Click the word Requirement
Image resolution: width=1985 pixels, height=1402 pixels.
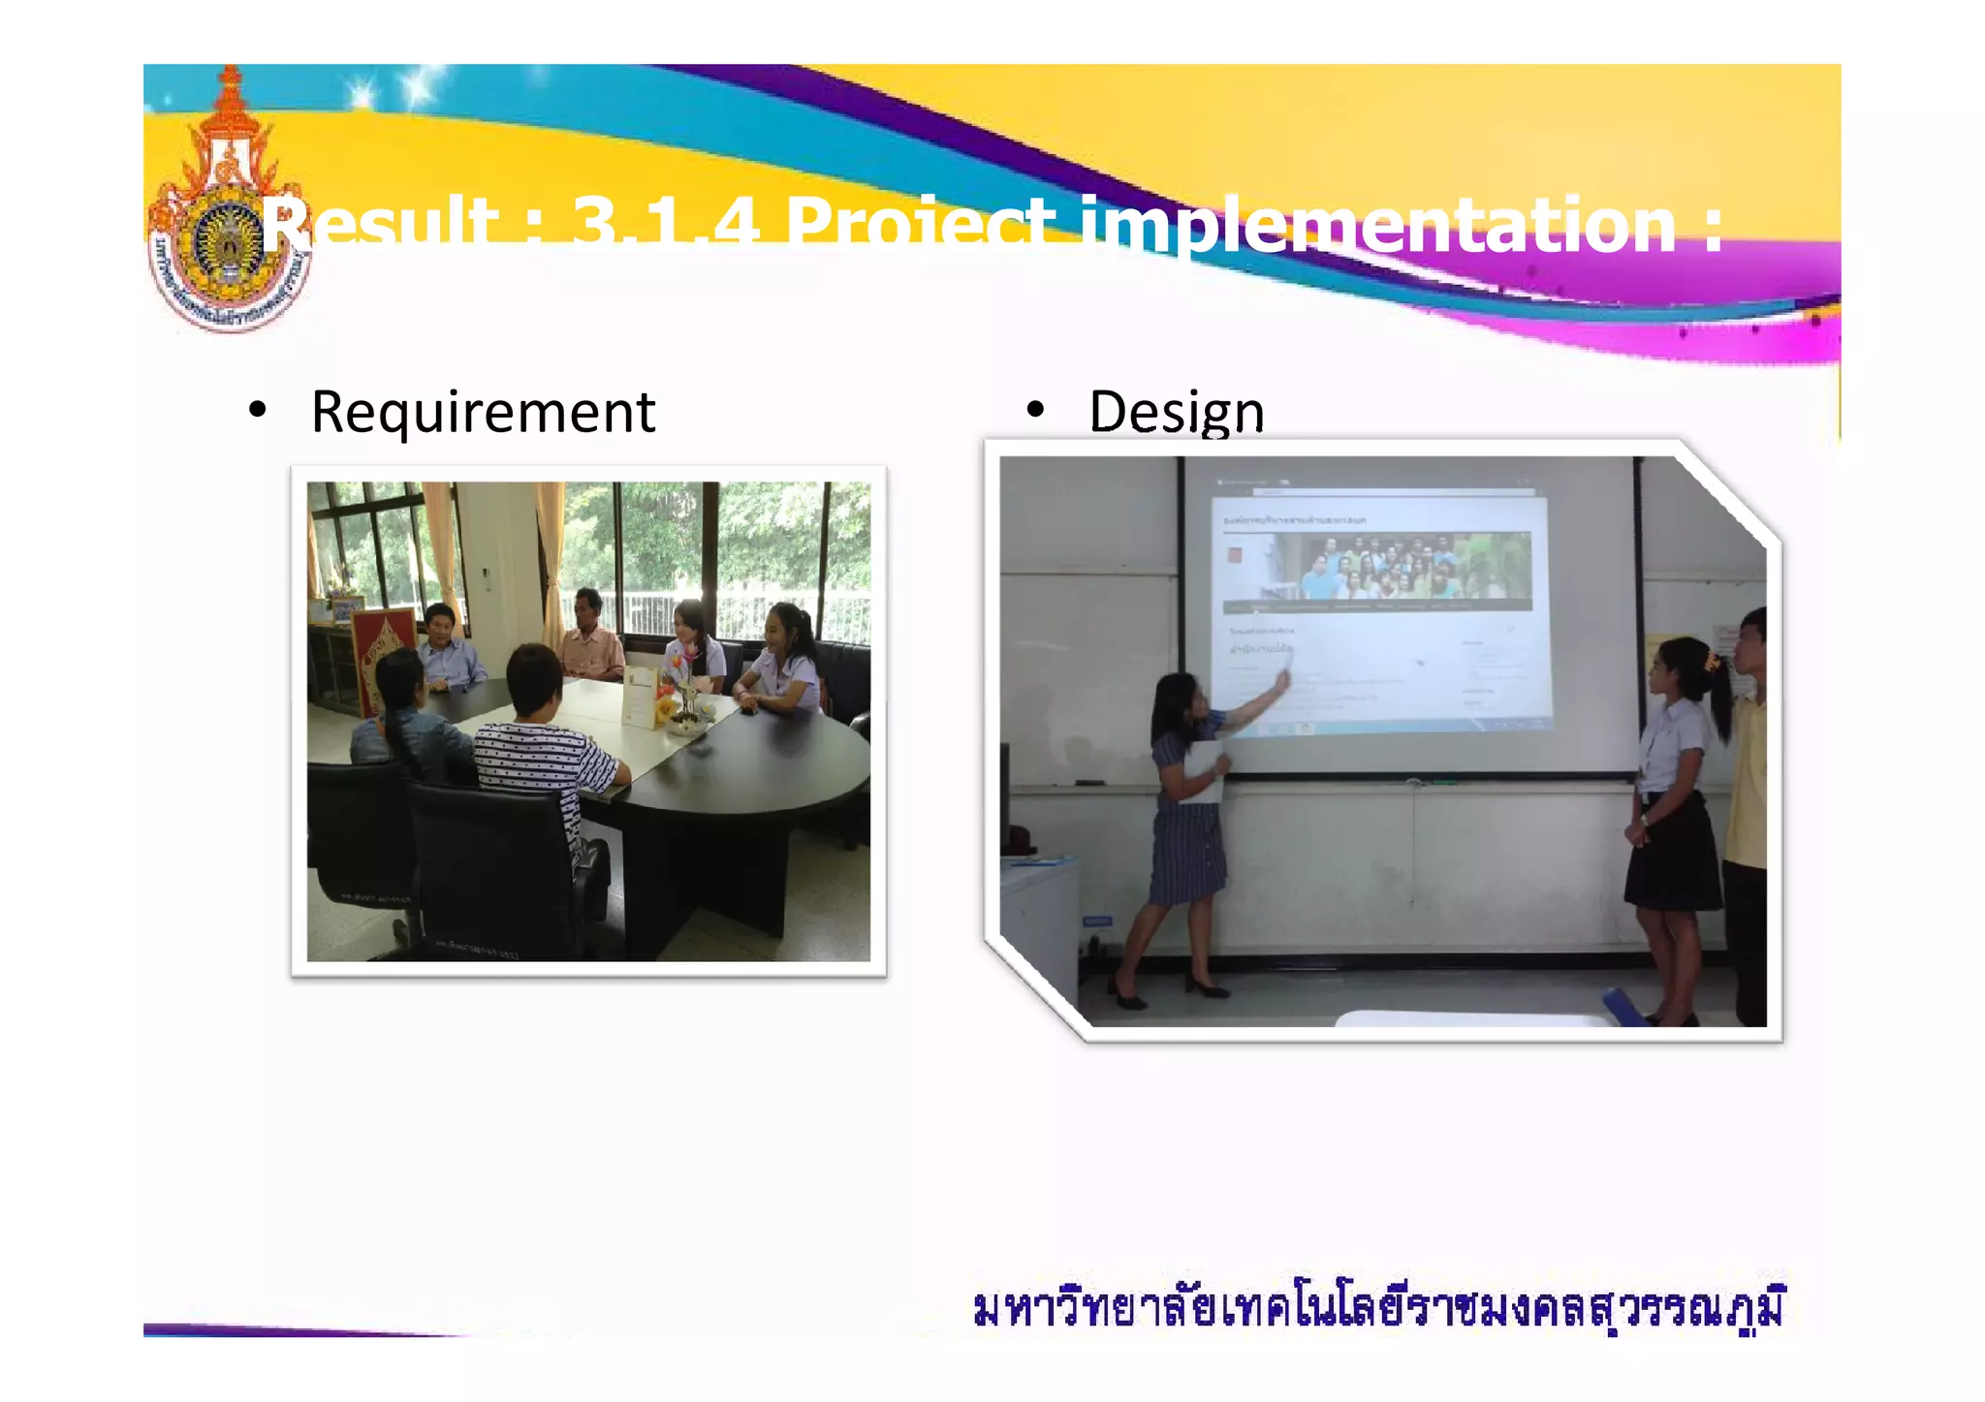[483, 413]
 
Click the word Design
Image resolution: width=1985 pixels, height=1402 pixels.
[1176, 413]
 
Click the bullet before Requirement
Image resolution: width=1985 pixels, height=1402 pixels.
[257, 411]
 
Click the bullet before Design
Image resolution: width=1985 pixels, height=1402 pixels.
[1035, 411]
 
